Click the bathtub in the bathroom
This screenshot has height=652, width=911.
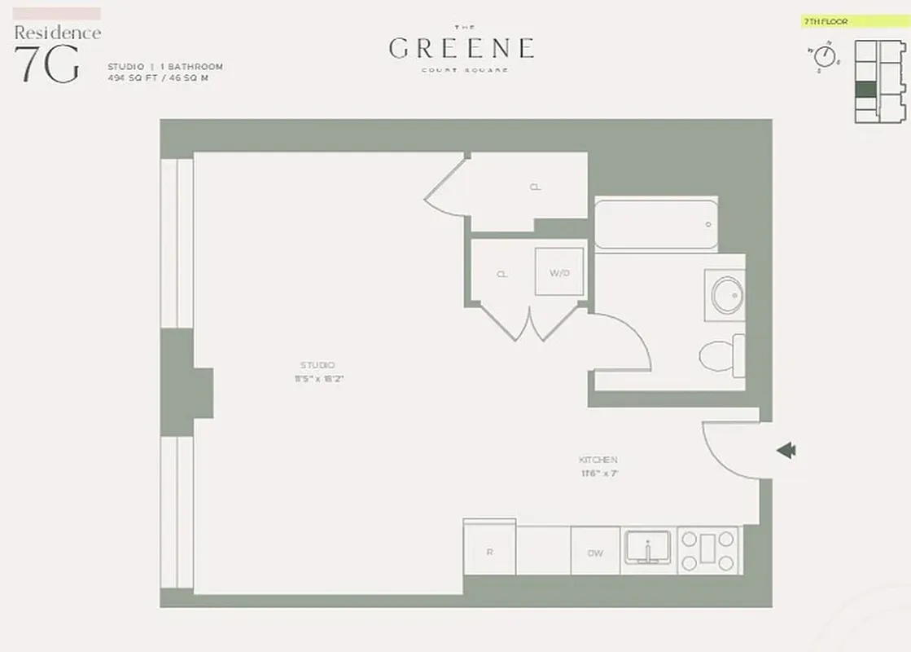(655, 223)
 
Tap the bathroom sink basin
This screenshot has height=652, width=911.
(727, 294)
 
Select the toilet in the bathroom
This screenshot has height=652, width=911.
(720, 355)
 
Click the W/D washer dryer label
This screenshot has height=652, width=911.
(559, 273)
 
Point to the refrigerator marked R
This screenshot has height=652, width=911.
(489, 552)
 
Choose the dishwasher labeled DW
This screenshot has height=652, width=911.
(595, 553)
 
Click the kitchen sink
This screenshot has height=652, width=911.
(647, 547)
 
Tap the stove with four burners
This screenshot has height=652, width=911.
(708, 550)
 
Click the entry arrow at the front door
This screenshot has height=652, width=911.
(786, 450)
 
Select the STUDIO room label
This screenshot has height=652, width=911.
(318, 365)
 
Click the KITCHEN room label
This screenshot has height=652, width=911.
(598, 460)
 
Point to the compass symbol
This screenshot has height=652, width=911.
(826, 56)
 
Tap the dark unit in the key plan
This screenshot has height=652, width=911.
(866, 90)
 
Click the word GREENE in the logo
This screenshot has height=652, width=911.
(462, 48)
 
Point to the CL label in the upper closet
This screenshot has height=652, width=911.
(535, 187)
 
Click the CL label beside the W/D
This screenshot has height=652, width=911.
(502, 274)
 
